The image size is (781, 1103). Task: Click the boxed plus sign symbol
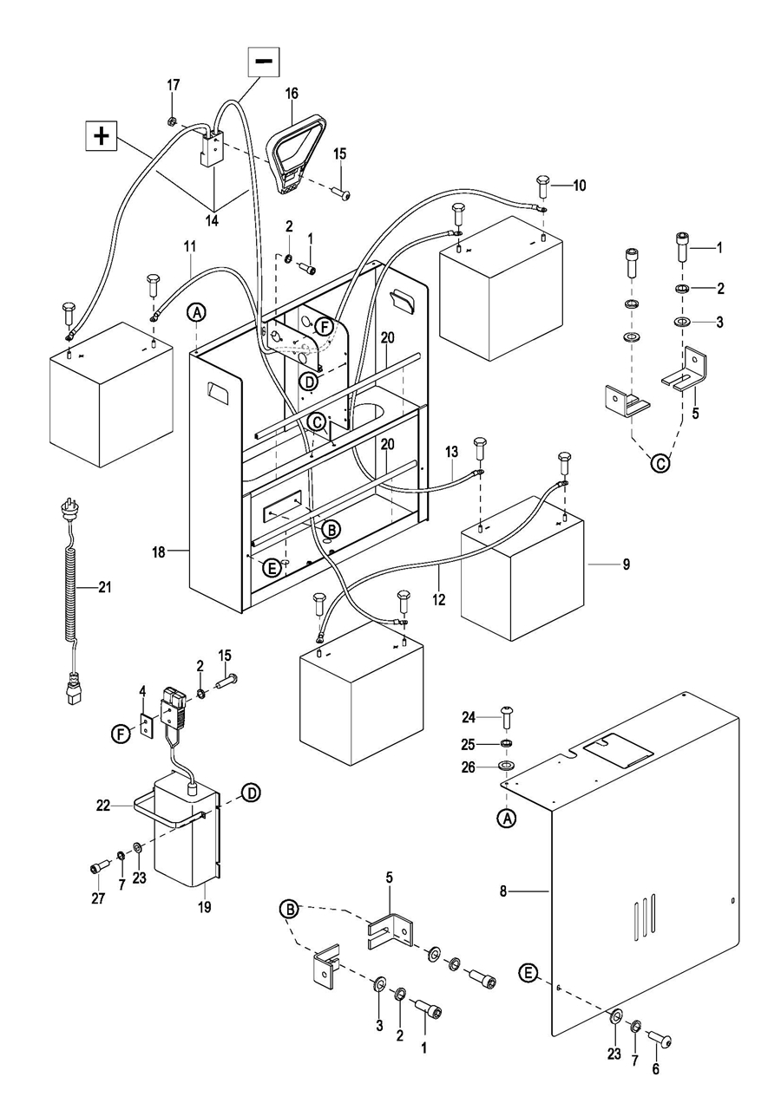[102, 137]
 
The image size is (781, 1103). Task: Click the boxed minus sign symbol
[263, 61]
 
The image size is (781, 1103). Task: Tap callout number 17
[174, 85]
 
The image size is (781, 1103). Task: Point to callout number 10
[580, 185]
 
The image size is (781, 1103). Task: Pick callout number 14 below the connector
[212, 220]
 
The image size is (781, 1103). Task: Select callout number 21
[105, 587]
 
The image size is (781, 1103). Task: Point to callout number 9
[626, 564]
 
